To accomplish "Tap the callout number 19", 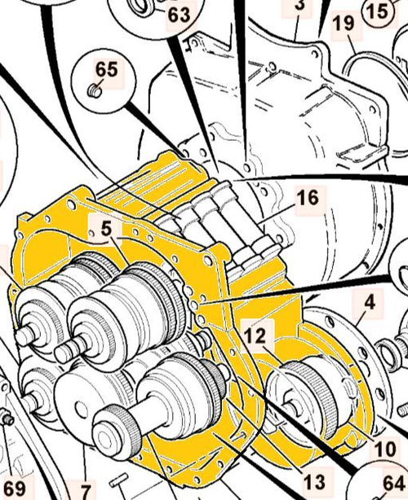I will tap(344, 24).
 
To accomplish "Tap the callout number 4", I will tap(369, 303).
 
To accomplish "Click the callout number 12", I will tap(255, 334).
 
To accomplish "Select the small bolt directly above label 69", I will tap(7, 421).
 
